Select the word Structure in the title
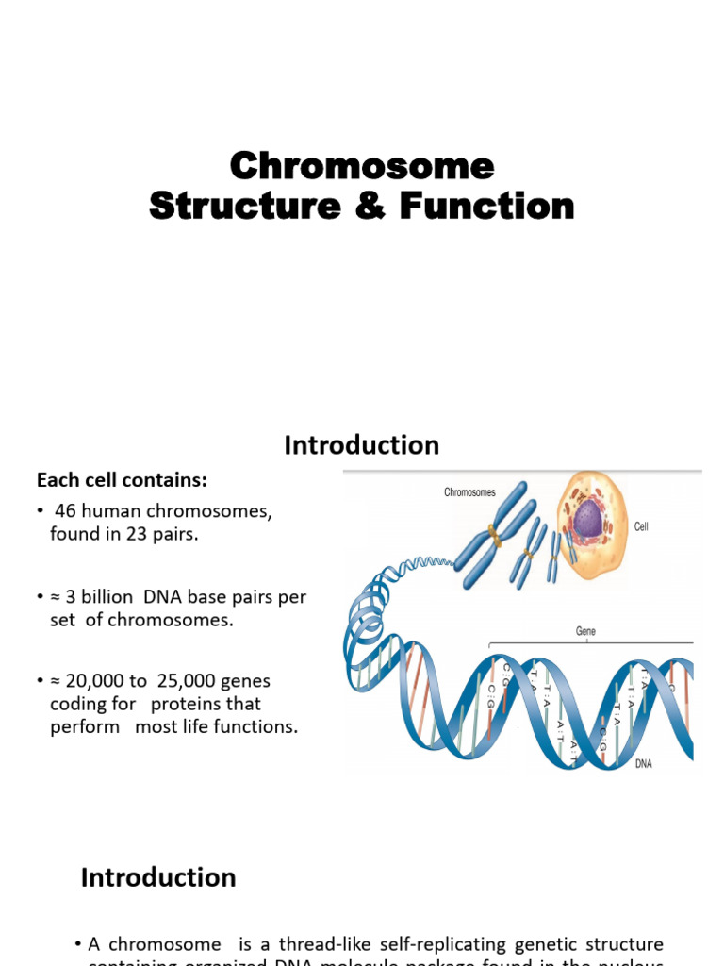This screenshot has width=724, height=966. point(244,206)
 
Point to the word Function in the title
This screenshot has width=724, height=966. point(486,206)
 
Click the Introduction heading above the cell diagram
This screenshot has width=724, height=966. point(362,445)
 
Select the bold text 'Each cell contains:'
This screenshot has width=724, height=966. point(122,480)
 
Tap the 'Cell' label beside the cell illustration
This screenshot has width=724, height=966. point(641,527)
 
